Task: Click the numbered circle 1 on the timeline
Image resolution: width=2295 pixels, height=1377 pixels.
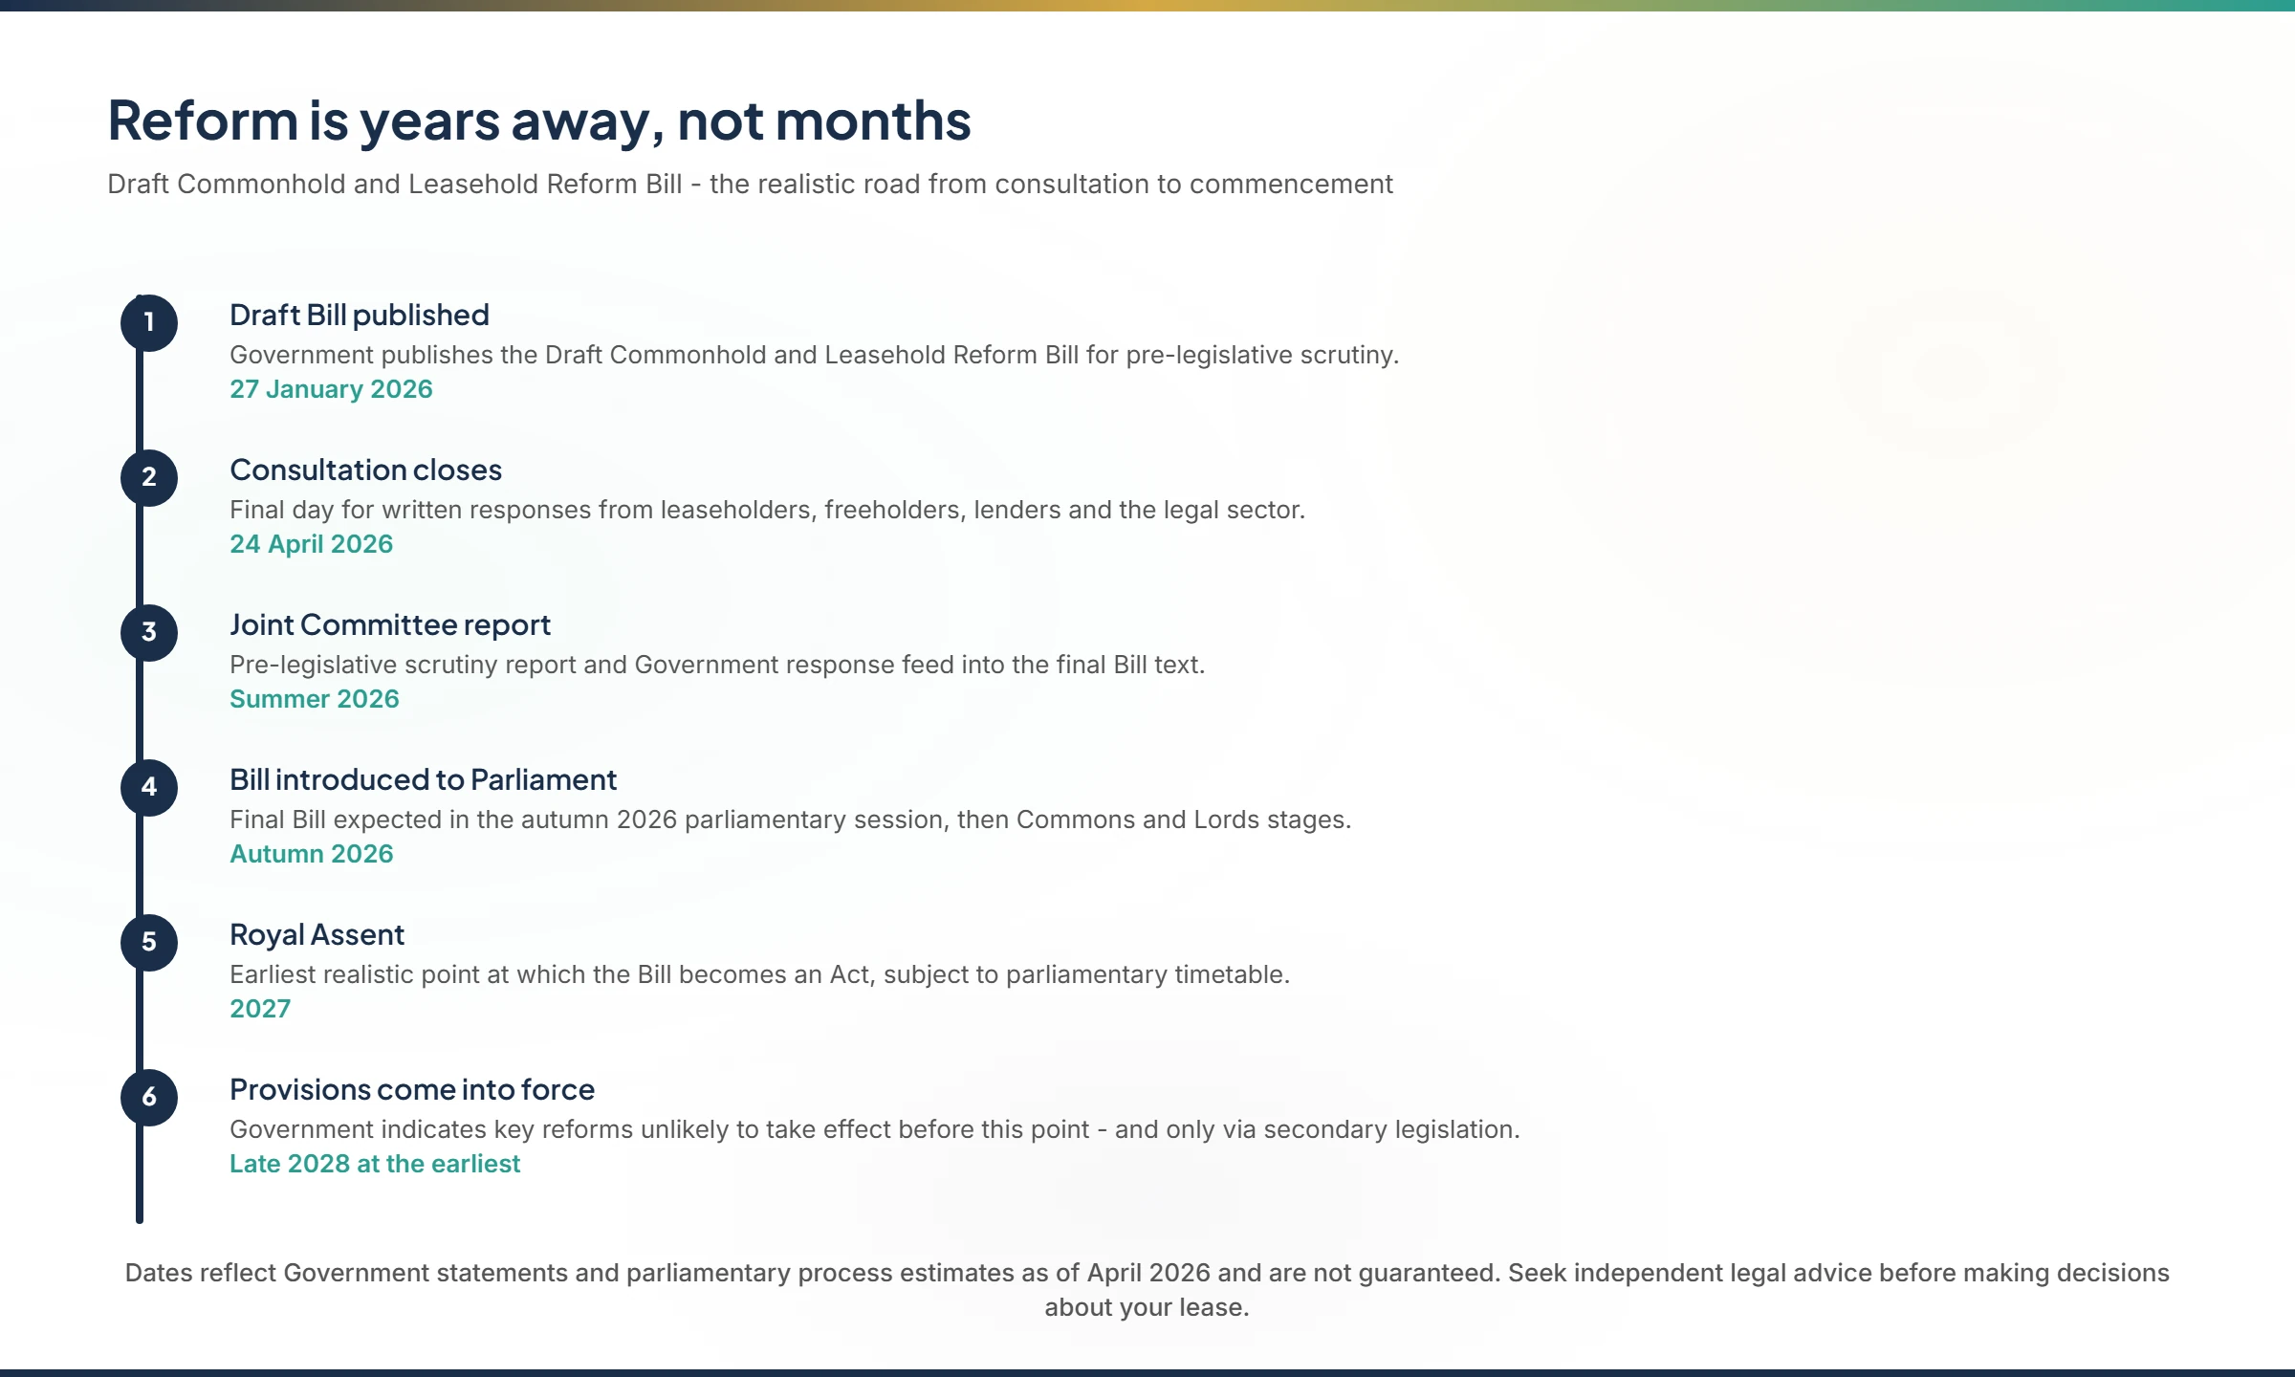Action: pyautogui.click(x=149, y=322)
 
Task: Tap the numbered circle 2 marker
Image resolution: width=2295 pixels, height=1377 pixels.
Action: pyautogui.click(x=149, y=477)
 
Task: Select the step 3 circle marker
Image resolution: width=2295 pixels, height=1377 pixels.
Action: pyautogui.click(x=149, y=632)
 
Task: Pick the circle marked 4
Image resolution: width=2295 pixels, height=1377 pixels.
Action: pyautogui.click(x=149, y=787)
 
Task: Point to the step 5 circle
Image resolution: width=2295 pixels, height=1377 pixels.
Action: pyautogui.click(x=149, y=942)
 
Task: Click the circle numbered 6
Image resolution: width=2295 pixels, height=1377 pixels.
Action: pyautogui.click(x=149, y=1097)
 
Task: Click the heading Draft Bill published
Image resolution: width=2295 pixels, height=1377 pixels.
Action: pyautogui.click(x=360, y=315)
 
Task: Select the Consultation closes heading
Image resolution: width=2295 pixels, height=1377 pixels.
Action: pyautogui.click(x=365, y=470)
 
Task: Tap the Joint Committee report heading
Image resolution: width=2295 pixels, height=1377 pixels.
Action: pyautogui.click(x=390, y=624)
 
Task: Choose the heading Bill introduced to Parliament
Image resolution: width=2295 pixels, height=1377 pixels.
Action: pyautogui.click(x=423, y=779)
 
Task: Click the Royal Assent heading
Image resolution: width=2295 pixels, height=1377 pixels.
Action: pyautogui.click(x=317, y=934)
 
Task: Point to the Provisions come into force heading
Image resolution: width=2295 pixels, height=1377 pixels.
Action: pyautogui.click(x=412, y=1089)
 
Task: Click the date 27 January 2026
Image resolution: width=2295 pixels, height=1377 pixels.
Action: pyautogui.click(x=331, y=389)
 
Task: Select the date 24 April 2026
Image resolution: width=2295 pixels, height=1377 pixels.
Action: pyautogui.click(x=311, y=544)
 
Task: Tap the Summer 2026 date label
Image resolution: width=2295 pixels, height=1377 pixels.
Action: pyautogui.click(x=314, y=699)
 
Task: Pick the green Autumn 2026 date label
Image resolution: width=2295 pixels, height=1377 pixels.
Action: pyautogui.click(x=311, y=854)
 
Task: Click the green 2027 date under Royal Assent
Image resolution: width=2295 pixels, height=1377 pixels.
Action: pyautogui.click(x=260, y=1009)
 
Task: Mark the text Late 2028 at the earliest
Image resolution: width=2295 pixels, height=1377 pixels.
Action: pyautogui.click(x=375, y=1164)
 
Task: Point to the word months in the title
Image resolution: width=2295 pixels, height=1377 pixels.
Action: pyautogui.click(x=872, y=120)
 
